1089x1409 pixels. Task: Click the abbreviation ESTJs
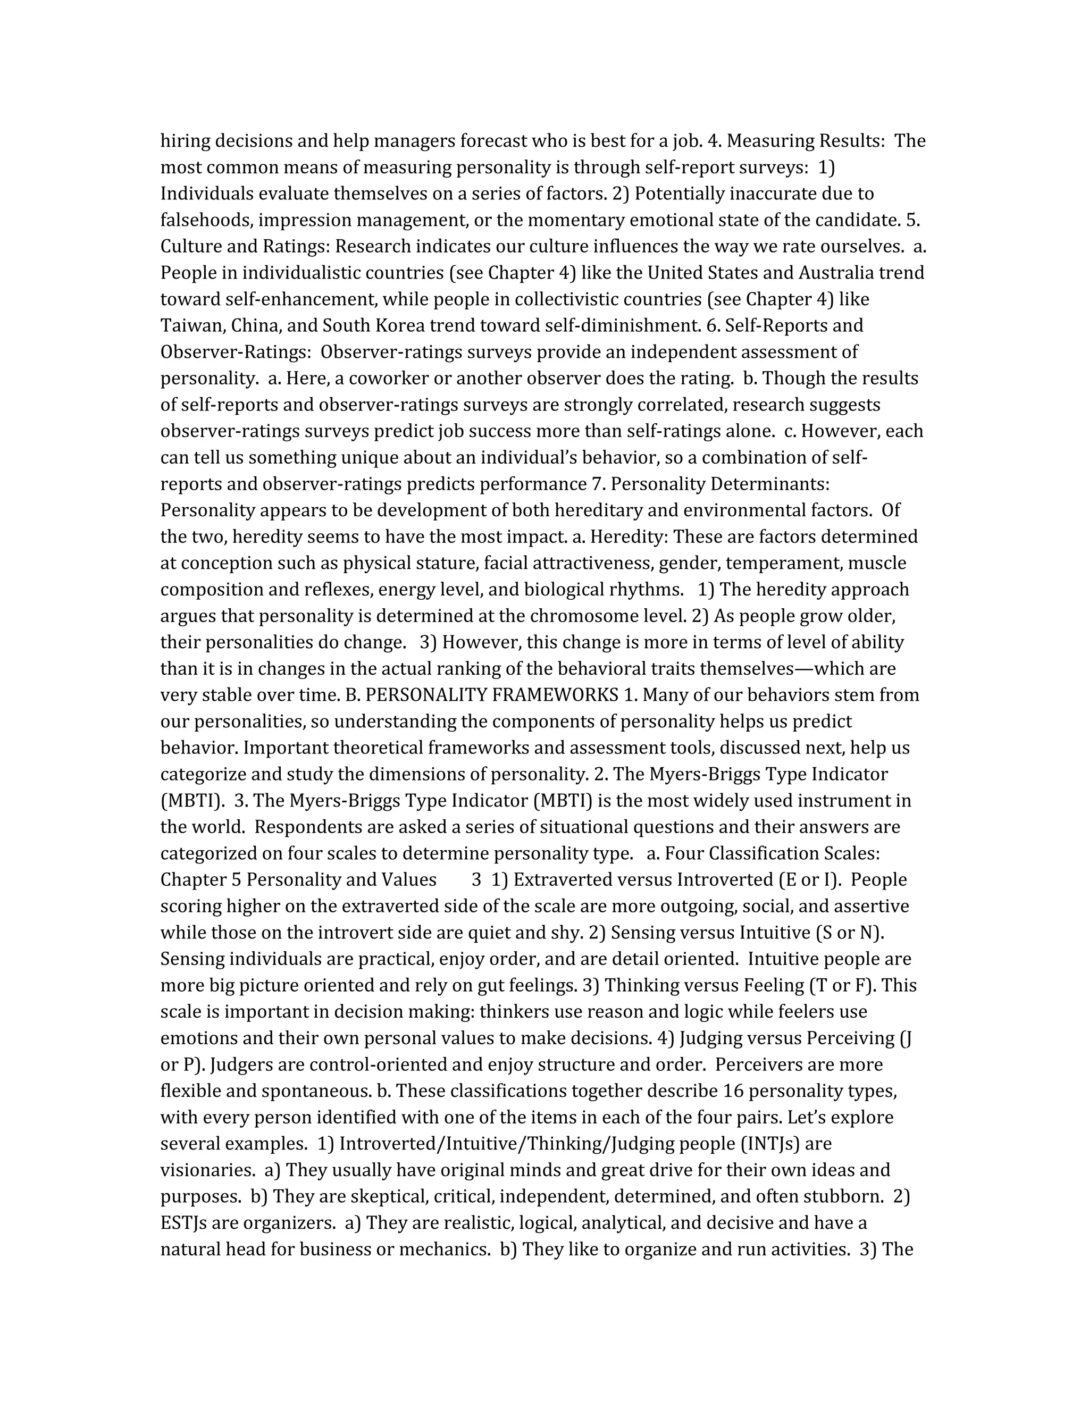tap(183, 1223)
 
